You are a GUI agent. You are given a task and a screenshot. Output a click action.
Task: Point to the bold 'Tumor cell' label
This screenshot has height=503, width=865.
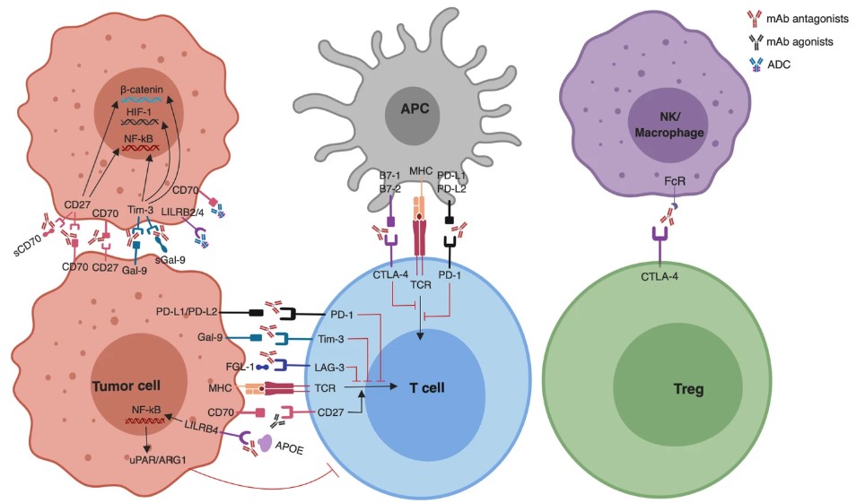(127, 385)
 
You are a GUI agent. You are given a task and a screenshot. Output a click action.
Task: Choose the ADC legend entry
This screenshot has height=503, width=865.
(784, 66)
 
